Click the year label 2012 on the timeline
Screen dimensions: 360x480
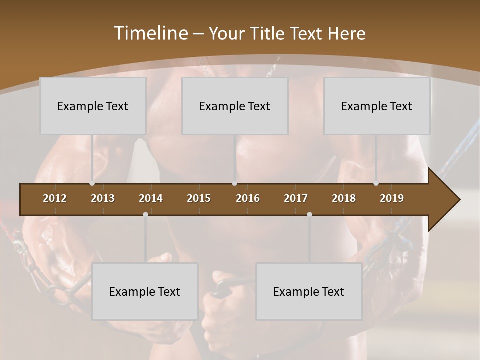pyautogui.click(x=55, y=198)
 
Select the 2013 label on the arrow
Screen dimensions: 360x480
pyautogui.click(x=103, y=198)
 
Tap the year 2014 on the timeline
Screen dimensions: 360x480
pyautogui.click(x=151, y=198)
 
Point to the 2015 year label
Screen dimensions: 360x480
pyautogui.click(x=199, y=198)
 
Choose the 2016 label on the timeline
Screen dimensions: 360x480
pyautogui.click(x=248, y=198)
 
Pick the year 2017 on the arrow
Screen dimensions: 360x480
pyautogui.click(x=296, y=198)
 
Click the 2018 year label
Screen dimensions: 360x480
pyautogui.click(x=344, y=198)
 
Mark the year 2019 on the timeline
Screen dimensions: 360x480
pyautogui.click(x=392, y=198)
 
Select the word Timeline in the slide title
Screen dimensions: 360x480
pyautogui.click(x=150, y=33)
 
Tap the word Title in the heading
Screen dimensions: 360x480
pyautogui.click(x=269, y=33)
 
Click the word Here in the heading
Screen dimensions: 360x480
pyautogui.click(x=346, y=33)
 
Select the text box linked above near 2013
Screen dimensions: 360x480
pyautogui.click(x=93, y=106)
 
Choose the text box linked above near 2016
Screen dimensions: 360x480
pyautogui.click(x=235, y=106)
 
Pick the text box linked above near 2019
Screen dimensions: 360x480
pyautogui.click(x=377, y=106)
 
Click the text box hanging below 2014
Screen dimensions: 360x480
pyautogui.click(x=145, y=291)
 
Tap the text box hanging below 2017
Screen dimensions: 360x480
pyautogui.click(x=309, y=291)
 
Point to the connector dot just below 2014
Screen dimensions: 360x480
pyautogui.click(x=145, y=214)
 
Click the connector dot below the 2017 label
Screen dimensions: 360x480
pyautogui.click(x=309, y=214)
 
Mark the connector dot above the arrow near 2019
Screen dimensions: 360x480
pyautogui.click(x=376, y=183)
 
